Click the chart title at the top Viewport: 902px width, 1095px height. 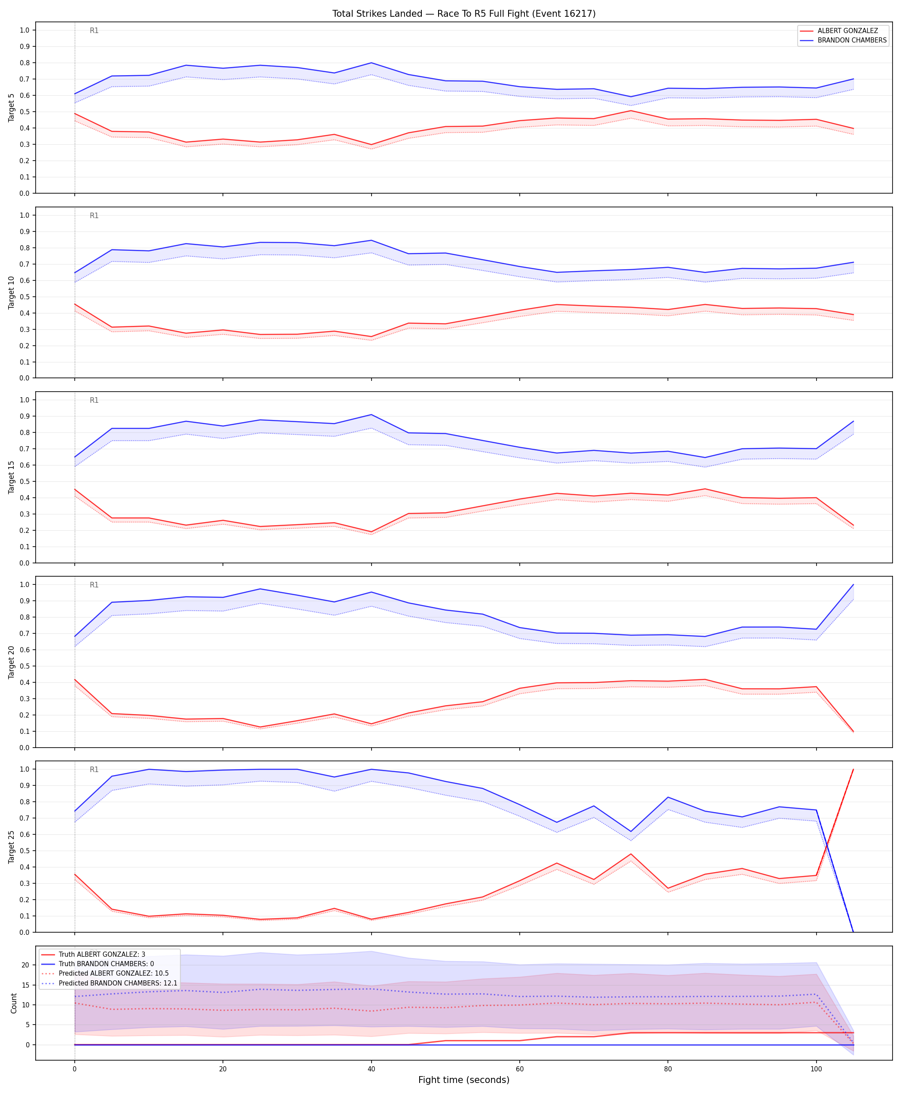[x=464, y=13]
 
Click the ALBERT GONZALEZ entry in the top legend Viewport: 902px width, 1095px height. [x=847, y=30]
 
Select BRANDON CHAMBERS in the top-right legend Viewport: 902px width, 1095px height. [x=852, y=40]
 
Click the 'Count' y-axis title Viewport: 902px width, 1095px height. [x=13, y=1003]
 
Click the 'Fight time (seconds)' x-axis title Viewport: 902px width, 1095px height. [x=464, y=1080]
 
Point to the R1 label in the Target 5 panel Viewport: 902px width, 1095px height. [x=94, y=30]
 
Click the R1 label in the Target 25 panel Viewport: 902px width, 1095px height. [x=94, y=770]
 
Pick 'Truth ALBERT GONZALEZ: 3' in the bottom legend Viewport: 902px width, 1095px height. [x=102, y=954]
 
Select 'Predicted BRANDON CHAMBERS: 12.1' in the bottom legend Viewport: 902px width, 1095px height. [x=118, y=983]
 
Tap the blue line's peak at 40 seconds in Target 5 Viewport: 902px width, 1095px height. [x=371, y=63]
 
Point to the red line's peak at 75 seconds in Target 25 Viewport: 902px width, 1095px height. [x=631, y=854]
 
